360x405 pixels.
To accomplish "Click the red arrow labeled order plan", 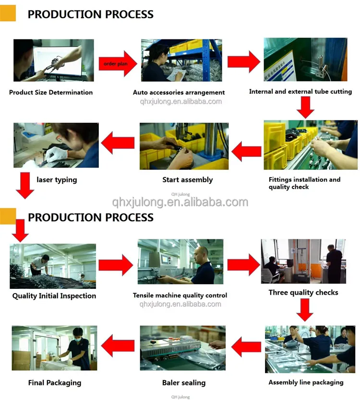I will pyautogui.click(x=117, y=63).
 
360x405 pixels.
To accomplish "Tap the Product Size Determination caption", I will pyautogui.click(x=51, y=92).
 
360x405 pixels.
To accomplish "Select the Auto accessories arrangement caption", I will pyautogui.click(x=179, y=92).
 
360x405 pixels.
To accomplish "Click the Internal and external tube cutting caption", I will pyautogui.click(x=300, y=91).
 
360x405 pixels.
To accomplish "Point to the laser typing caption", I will pyautogui.click(x=57, y=180).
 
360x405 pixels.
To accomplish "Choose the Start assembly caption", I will pyautogui.click(x=187, y=180).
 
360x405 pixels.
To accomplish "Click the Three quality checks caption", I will pyautogui.click(x=303, y=292).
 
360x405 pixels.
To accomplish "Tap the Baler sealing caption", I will pyautogui.click(x=184, y=382).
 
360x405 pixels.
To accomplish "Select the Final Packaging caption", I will pyautogui.click(x=54, y=382).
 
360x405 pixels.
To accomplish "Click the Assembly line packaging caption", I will pyautogui.click(x=306, y=382).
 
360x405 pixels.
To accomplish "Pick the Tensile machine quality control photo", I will pyautogui.click(x=180, y=262).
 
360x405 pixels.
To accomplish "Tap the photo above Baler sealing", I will pyautogui.click(x=182, y=348).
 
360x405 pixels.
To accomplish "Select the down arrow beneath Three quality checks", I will pyautogui.click(x=304, y=310).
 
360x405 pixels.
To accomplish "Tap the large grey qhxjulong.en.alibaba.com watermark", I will pyautogui.click(x=180, y=202).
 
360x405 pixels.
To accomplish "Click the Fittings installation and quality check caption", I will pyautogui.click(x=304, y=183).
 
